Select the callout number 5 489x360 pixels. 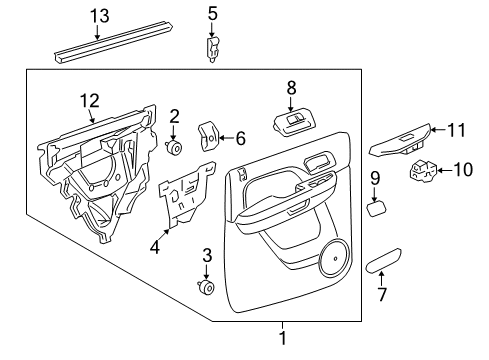(x=212, y=13)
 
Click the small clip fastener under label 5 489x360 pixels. (x=212, y=48)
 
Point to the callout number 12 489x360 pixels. (x=90, y=100)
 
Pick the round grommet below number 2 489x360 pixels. (x=175, y=149)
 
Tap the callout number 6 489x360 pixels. (x=239, y=140)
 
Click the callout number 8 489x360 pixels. (x=292, y=88)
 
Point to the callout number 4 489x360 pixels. (x=155, y=247)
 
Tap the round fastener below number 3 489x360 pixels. (x=207, y=288)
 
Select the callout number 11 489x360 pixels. (x=457, y=129)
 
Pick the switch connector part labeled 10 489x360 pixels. (x=425, y=171)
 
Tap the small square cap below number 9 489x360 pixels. (x=378, y=209)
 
